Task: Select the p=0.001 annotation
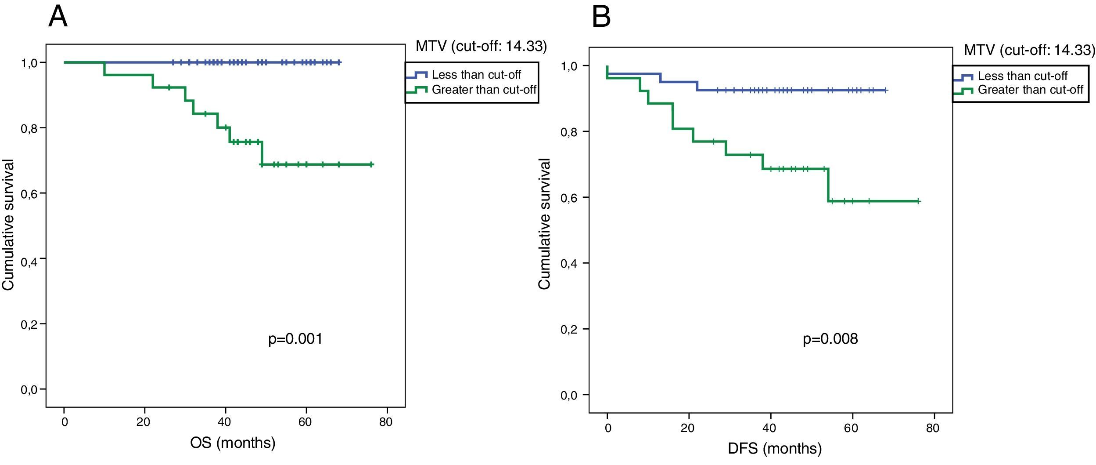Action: click(295, 339)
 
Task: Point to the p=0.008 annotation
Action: click(830, 339)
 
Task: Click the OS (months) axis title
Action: click(233, 443)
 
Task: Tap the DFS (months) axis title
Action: click(775, 448)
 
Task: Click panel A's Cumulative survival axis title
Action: click(9, 225)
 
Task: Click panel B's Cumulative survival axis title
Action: click(544, 224)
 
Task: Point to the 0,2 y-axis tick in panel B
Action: click(569, 329)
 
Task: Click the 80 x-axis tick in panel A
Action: click(386, 422)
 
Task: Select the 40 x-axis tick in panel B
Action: click(769, 428)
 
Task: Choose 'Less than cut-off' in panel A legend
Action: click(476, 75)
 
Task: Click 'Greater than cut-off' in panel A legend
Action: click(484, 90)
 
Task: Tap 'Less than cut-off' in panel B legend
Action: click(1022, 76)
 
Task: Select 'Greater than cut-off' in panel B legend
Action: click(1030, 90)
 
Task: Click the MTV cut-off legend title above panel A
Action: click(481, 46)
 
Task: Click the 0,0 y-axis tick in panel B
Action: click(569, 396)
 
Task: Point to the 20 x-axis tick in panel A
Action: click(143, 422)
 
